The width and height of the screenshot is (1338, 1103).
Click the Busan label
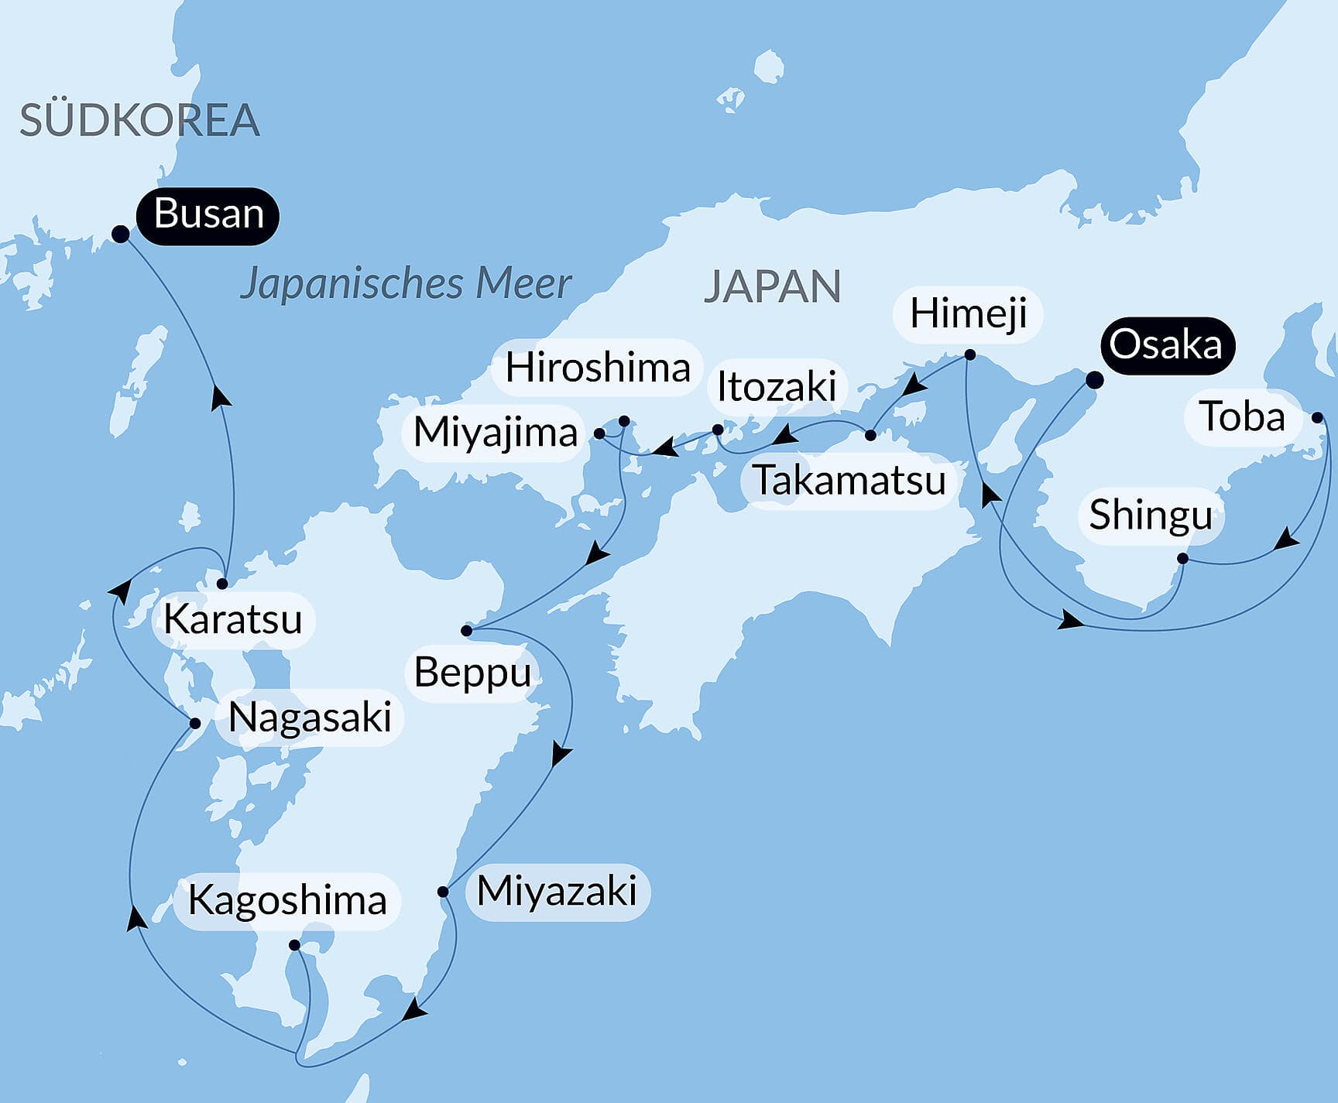tap(208, 214)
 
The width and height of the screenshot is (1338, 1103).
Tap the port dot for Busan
tap(121, 234)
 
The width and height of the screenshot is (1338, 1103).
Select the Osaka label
tap(1165, 345)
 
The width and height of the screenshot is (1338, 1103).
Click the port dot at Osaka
tap(1094, 380)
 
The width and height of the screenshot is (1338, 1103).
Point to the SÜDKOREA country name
tap(139, 120)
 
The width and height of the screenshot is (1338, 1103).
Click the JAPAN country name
tap(772, 286)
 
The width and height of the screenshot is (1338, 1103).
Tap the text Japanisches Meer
tap(406, 283)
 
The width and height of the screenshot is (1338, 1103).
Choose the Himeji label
tap(968, 313)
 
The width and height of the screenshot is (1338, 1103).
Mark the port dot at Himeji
tap(969, 355)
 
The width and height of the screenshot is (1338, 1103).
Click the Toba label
tap(1242, 417)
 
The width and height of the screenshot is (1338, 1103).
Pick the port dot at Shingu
tap(1182, 558)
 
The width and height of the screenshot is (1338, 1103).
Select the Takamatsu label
tap(849, 481)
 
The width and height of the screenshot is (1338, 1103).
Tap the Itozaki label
tap(777, 386)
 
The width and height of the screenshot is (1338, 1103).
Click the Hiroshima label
tap(597, 368)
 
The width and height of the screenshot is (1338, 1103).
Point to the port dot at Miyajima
tap(599, 433)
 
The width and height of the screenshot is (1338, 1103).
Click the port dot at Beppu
tap(466, 630)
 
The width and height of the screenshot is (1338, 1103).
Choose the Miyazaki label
tap(557, 891)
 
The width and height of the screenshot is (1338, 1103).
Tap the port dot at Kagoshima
tap(294, 944)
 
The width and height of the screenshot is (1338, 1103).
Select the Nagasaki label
tap(310, 718)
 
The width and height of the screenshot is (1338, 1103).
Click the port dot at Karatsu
tap(222, 584)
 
